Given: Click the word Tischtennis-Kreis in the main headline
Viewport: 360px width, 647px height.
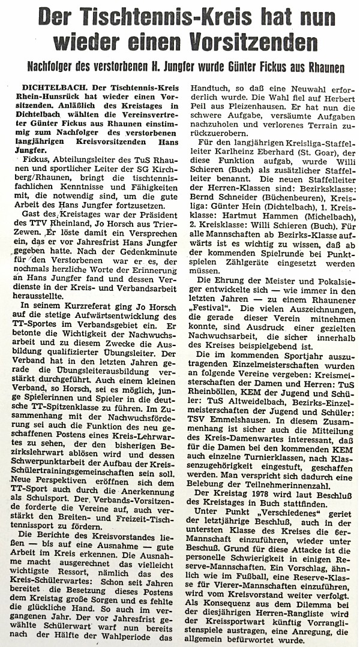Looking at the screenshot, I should [153, 16].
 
